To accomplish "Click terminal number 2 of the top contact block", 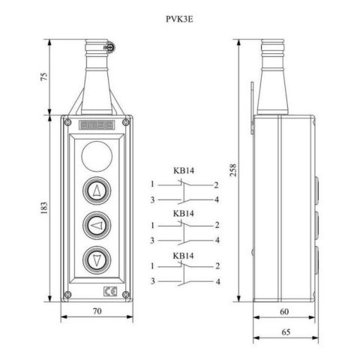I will (x=216, y=184).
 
